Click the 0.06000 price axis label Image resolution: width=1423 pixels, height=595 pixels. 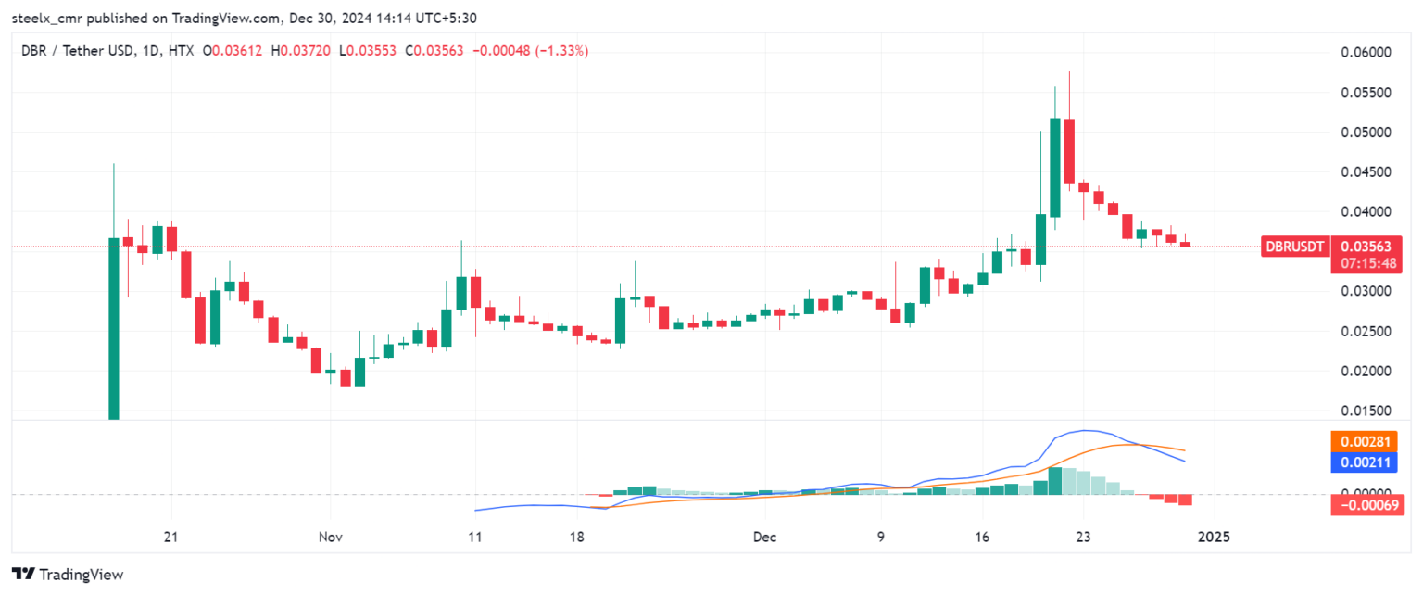coord(1366,53)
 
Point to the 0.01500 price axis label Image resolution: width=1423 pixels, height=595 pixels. coord(1366,411)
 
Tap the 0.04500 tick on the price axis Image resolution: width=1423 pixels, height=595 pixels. coord(1366,172)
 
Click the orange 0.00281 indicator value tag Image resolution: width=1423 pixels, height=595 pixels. coord(1366,442)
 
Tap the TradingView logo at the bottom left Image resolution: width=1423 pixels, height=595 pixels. coord(68,575)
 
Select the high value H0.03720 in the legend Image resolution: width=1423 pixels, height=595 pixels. coord(301,51)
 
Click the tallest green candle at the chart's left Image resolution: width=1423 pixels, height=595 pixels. coord(114,329)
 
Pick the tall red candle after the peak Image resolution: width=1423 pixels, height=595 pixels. coord(1069,153)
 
